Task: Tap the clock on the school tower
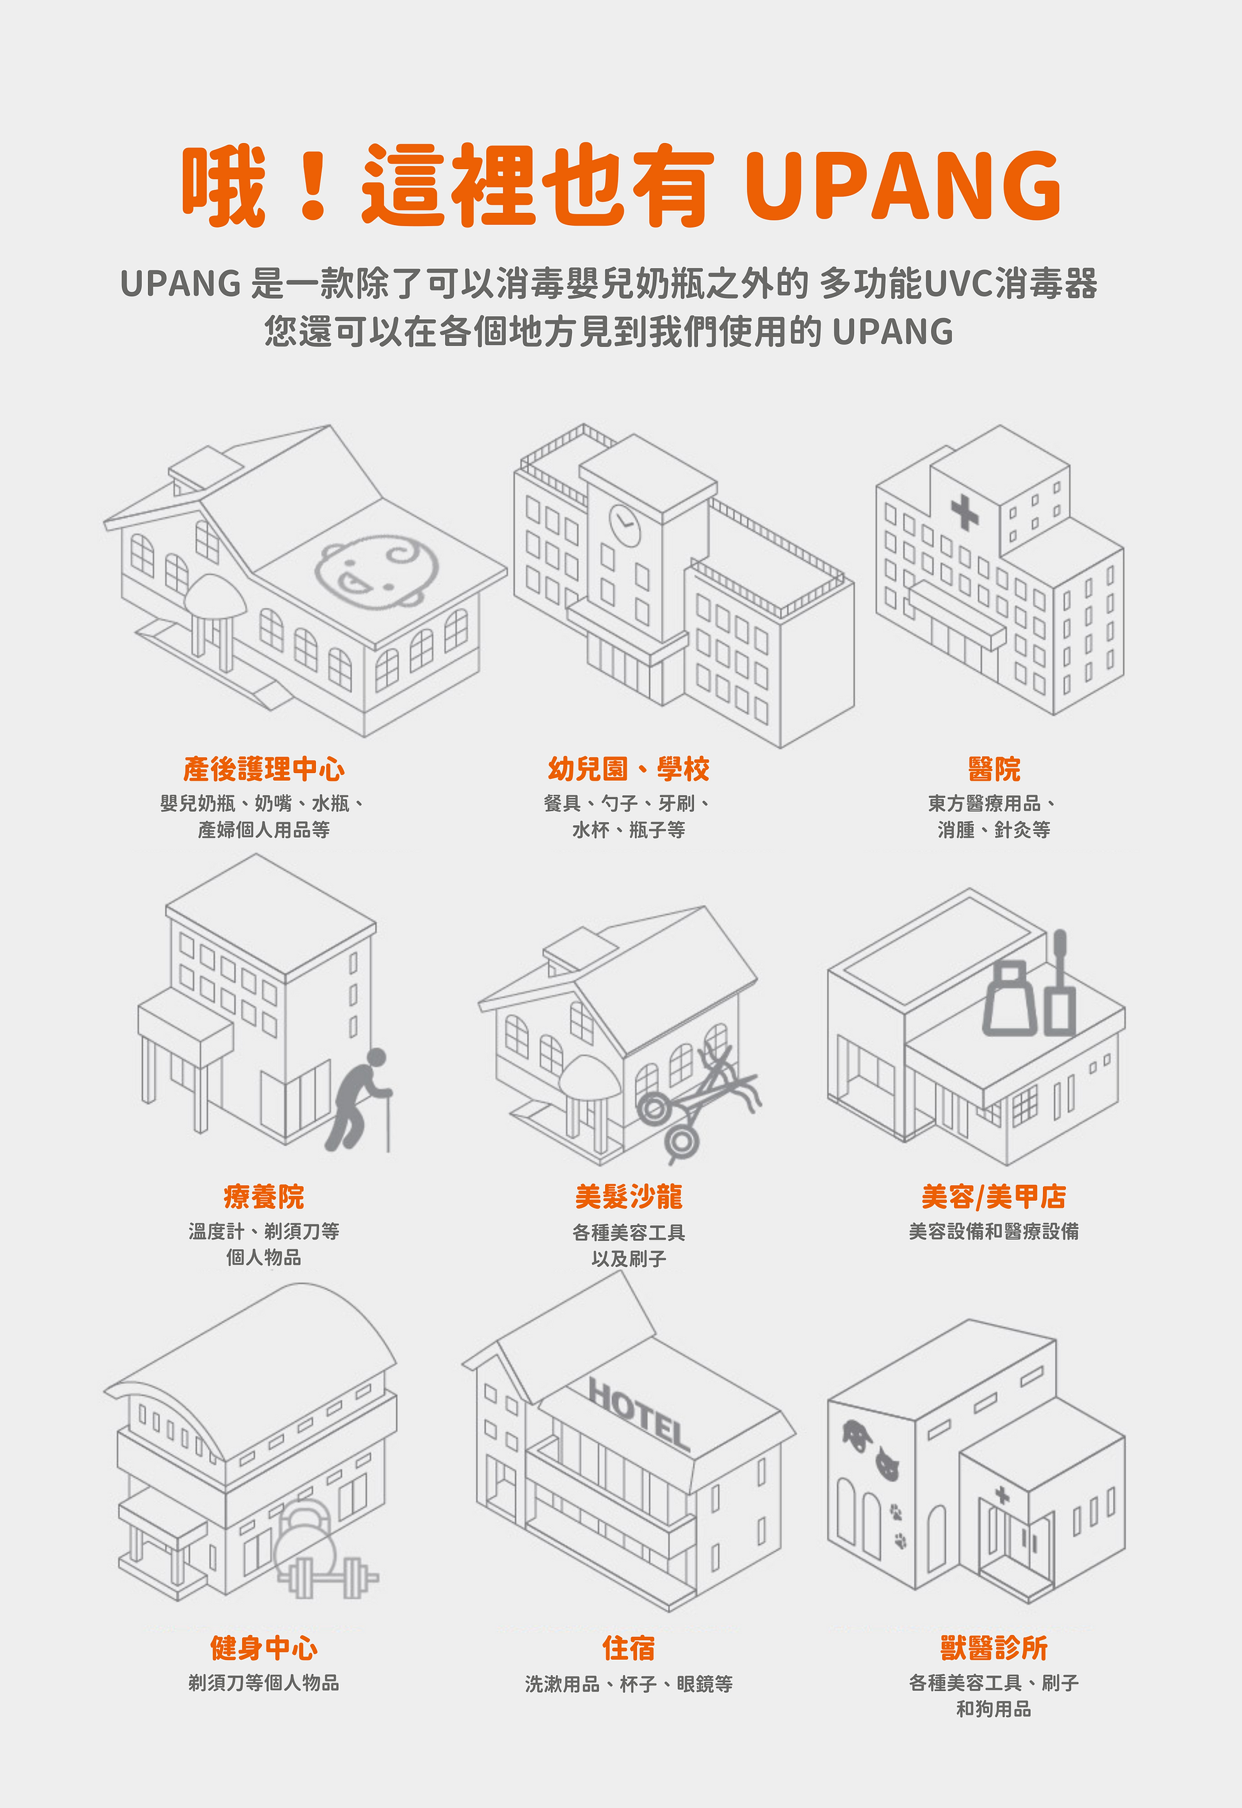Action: (x=624, y=524)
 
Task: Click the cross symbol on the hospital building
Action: (x=964, y=513)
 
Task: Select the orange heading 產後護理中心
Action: (x=264, y=769)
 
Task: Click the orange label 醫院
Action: (x=993, y=769)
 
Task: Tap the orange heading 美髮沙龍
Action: (x=628, y=1196)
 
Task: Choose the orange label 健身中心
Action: (x=264, y=1648)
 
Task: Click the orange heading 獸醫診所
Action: (x=993, y=1648)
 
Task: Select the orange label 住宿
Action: (x=628, y=1648)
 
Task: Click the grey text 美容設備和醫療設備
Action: (x=993, y=1231)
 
